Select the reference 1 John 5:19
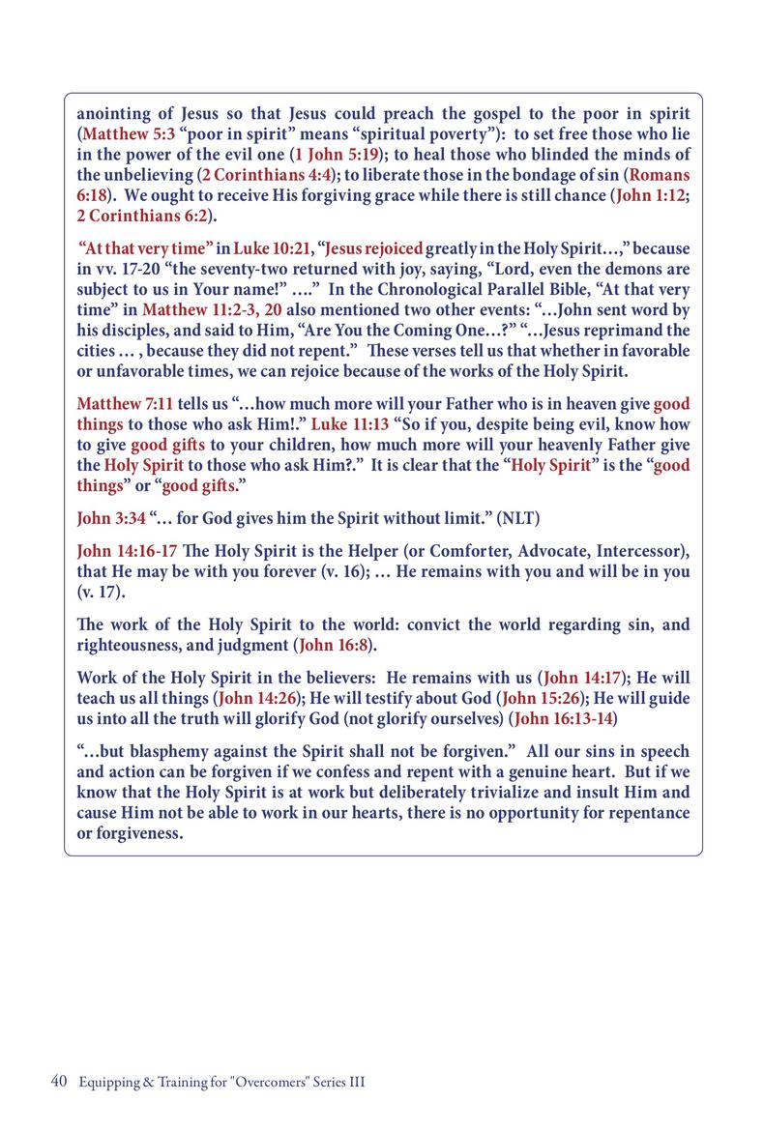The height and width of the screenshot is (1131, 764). pyautogui.click(x=337, y=155)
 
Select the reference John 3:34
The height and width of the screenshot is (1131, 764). pyautogui.click(x=111, y=518)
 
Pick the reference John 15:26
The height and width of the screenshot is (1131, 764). pyautogui.click(x=536, y=699)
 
